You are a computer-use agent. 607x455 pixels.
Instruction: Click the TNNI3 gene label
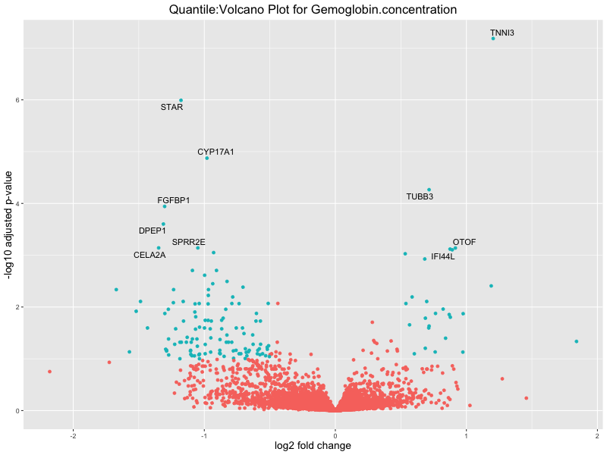[x=502, y=33]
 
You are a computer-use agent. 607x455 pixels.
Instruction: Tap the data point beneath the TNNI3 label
[x=493, y=38]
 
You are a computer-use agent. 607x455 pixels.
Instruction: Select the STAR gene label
[x=171, y=107]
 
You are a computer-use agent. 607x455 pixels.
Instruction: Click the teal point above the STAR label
[x=181, y=100]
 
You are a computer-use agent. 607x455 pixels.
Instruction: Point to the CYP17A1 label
[x=215, y=152]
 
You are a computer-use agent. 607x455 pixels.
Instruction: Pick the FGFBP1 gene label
[x=174, y=200]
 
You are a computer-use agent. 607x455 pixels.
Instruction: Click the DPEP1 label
[x=152, y=231]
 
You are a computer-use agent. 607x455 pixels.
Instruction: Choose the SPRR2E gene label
[x=188, y=242]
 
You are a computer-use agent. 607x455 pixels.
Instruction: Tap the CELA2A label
[x=149, y=255]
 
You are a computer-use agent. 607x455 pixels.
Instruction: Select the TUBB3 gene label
[x=420, y=196]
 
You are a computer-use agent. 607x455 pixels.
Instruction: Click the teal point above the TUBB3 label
[x=429, y=190]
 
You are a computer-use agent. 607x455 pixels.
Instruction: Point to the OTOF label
[x=464, y=242]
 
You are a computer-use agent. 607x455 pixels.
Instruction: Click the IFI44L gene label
[x=443, y=256]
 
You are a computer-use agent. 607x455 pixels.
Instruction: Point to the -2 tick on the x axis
[x=73, y=435]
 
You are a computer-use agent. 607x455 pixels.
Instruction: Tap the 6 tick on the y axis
[x=17, y=100]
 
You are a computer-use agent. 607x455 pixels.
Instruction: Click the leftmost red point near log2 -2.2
[x=49, y=372]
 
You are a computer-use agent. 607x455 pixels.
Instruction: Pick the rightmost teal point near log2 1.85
[x=577, y=341]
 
